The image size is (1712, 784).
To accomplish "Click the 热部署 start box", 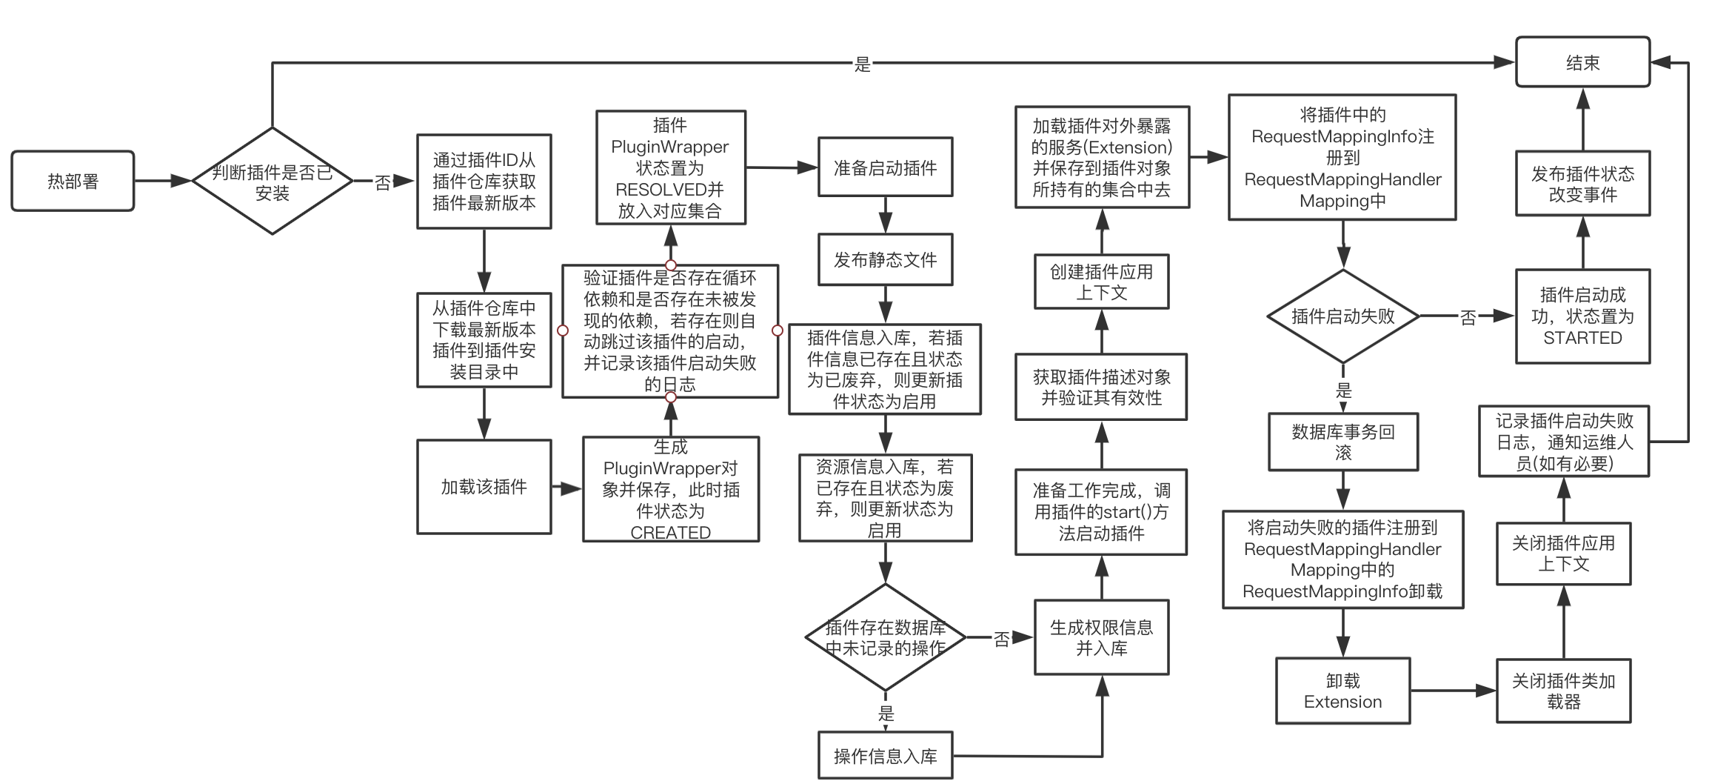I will pos(73,182).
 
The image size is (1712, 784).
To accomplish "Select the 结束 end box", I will pos(1582,62).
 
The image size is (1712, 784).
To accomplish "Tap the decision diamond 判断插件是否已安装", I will pos(272,182).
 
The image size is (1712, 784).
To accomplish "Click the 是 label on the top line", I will pos(862,64).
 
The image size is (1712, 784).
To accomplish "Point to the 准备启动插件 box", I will pos(885,167).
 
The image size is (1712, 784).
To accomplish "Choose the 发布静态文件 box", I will pos(885,259).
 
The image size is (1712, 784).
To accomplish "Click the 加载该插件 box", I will pos(484,487).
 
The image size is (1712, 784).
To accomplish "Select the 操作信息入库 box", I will pos(885,756).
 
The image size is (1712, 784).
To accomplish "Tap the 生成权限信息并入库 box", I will pos(1101,637).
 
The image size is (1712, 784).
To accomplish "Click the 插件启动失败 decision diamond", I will pos(1342,316).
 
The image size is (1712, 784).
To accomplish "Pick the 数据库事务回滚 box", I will pos(1342,442).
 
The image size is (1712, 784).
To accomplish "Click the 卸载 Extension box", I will pos(1342,691).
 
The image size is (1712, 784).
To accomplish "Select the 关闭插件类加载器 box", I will pos(1563,691).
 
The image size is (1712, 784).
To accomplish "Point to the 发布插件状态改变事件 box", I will pos(1582,184).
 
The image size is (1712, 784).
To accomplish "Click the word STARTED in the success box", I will pos(1582,338).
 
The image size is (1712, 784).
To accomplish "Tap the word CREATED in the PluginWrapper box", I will pos(670,532).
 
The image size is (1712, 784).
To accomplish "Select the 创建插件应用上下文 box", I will pos(1101,282).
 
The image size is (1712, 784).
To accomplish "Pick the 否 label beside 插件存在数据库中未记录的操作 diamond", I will pos(1001,639).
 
